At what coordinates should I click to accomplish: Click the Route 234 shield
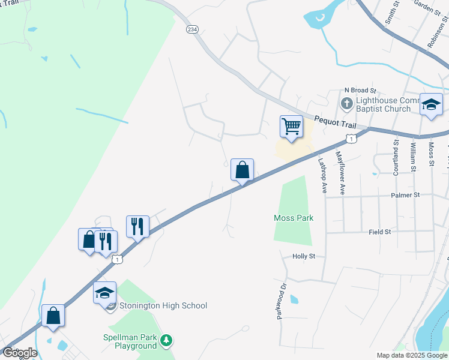tap(191, 29)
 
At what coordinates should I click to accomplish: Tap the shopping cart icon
tap(291, 127)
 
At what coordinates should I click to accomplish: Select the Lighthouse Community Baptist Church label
tap(383, 104)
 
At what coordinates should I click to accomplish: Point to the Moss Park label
tap(293, 218)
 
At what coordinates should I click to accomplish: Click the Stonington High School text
tap(163, 306)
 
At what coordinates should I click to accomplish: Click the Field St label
tap(380, 231)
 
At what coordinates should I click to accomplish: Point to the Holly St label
tap(304, 256)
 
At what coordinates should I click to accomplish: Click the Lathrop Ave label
tap(322, 175)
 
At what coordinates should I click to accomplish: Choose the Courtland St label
tap(396, 157)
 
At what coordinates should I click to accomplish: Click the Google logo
tap(19, 353)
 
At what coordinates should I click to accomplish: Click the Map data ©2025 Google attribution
tap(412, 355)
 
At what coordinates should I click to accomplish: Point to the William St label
tap(413, 155)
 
